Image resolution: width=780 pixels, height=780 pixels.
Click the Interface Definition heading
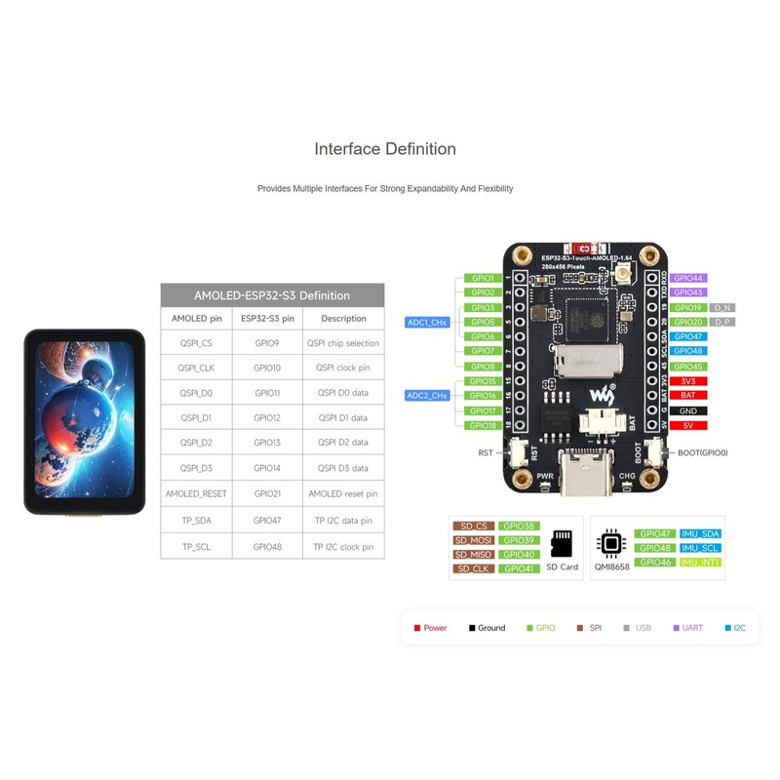[385, 149]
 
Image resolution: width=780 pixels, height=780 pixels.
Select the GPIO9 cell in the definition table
[267, 343]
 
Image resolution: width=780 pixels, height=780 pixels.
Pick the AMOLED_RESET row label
[197, 493]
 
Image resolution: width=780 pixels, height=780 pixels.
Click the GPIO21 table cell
[267, 493]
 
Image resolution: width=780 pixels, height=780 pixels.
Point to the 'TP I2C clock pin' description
[343, 547]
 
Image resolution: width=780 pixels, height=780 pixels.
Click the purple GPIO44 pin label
[688, 278]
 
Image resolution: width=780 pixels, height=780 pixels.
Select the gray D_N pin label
[722, 307]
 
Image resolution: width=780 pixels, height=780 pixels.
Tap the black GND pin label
[688, 410]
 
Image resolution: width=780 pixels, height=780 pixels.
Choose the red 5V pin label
[688, 425]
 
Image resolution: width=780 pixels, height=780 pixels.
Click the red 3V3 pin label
[688, 381]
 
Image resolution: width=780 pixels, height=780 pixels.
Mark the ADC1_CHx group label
[426, 322]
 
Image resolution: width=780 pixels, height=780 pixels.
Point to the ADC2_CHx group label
[426, 395]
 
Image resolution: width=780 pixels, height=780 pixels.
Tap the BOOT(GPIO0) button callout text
[704, 452]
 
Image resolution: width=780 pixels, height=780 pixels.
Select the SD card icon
[562, 543]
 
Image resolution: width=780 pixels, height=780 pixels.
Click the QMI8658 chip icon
[610, 543]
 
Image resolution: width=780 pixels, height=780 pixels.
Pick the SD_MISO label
[473, 554]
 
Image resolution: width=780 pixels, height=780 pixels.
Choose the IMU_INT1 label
[701, 563]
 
